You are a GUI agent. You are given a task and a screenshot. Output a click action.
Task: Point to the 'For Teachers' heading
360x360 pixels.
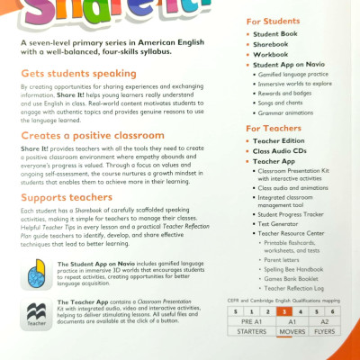point(276,129)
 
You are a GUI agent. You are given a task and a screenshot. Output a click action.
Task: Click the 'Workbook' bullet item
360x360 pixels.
point(274,54)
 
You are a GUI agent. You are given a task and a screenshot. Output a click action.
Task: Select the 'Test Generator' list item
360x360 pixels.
point(282,223)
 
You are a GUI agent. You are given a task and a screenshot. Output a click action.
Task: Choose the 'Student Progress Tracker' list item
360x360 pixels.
point(295,214)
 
